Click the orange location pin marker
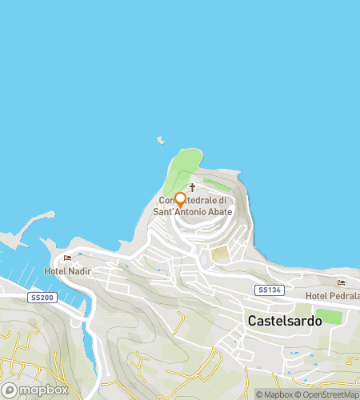180,199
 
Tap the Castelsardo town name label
285,320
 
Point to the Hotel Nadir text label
67,271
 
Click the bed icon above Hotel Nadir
67,258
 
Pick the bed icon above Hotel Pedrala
342,282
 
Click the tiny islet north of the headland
161,140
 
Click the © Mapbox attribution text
274,394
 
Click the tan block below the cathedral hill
219,254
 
